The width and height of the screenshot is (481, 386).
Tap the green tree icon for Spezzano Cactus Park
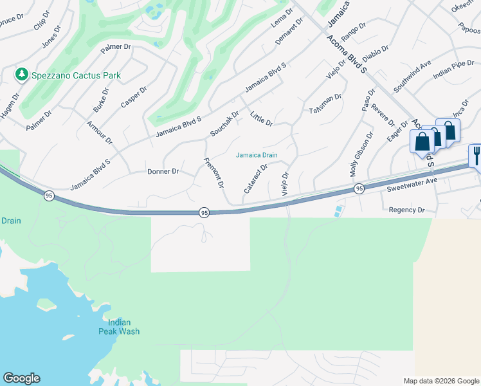pyautogui.click(x=22, y=75)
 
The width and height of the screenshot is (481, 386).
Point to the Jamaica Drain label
pyautogui.click(x=257, y=155)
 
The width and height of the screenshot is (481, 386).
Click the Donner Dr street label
pyautogui.click(x=162, y=172)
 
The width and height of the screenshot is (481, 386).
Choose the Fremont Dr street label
pyautogui.click(x=213, y=172)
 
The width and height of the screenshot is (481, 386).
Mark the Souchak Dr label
pyautogui.click(x=224, y=123)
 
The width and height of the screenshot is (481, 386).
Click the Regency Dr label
pyautogui.click(x=407, y=210)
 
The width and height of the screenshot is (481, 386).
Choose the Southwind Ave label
pyautogui.click(x=412, y=76)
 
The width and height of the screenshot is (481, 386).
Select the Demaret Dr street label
pyautogui.click(x=288, y=32)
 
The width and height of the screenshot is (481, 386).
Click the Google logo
pyautogui.click(x=21, y=378)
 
